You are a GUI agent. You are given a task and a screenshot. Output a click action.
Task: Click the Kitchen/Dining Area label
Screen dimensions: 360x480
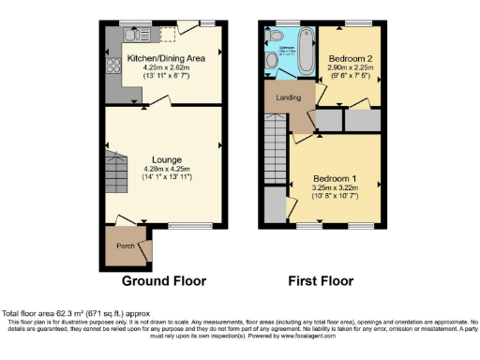[x=166, y=59]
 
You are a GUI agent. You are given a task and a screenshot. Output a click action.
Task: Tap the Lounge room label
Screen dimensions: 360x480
[x=165, y=159]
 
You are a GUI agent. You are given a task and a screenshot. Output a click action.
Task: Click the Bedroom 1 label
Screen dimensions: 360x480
[x=336, y=178]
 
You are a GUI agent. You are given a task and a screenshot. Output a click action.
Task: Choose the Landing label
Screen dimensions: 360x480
[x=287, y=96]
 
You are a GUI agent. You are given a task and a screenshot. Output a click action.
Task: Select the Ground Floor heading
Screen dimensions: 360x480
[x=165, y=280]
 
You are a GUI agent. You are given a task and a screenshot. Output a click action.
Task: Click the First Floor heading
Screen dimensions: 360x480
[x=322, y=280]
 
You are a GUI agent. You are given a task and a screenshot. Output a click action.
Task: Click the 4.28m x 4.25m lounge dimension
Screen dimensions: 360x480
[x=165, y=169]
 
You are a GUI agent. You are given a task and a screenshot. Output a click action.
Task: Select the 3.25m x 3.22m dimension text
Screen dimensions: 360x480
[x=336, y=187]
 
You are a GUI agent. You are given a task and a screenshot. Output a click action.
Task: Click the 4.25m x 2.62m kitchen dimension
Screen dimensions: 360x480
[x=166, y=68]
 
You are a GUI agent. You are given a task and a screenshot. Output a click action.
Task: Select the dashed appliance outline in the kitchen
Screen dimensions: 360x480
[x=169, y=35]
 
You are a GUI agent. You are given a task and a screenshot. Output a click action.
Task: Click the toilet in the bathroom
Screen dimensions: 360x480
[x=272, y=59]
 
